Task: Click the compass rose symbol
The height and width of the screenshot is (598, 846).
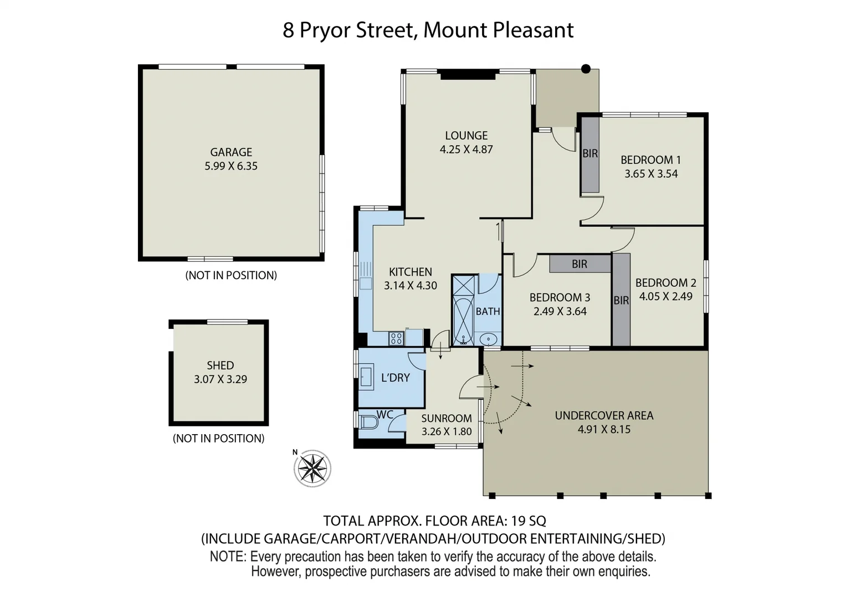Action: (x=313, y=468)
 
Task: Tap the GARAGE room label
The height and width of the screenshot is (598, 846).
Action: (x=231, y=152)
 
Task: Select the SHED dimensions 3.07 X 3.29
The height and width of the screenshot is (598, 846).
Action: (x=221, y=379)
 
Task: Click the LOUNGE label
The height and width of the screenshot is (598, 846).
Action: (x=466, y=135)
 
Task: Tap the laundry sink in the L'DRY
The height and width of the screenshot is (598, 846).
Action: (x=366, y=377)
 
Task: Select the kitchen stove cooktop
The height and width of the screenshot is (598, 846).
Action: (x=396, y=338)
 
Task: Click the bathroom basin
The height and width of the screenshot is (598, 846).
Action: (x=488, y=338)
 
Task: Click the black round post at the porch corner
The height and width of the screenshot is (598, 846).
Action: (x=586, y=69)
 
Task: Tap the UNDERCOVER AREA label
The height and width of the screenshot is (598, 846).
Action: (x=604, y=415)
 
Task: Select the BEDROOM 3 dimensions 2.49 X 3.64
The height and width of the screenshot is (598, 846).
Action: (x=560, y=311)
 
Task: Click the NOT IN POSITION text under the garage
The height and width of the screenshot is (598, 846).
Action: (x=231, y=275)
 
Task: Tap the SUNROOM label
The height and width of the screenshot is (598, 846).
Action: (x=447, y=419)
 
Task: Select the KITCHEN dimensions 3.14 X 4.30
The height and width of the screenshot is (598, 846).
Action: (x=411, y=286)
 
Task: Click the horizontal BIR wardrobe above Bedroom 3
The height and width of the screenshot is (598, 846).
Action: (x=580, y=264)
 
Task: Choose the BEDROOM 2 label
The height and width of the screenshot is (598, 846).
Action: (x=665, y=282)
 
